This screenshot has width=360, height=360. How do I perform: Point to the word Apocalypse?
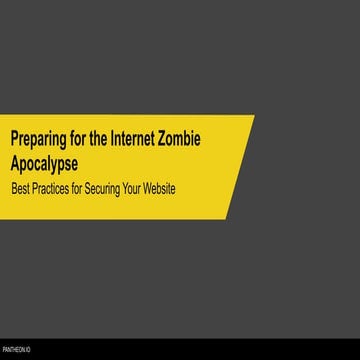pos(43,160)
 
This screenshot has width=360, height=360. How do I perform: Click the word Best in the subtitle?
pos(20,187)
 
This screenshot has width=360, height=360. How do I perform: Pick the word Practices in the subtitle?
pos(55,187)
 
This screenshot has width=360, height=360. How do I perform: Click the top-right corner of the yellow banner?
pos(253,116)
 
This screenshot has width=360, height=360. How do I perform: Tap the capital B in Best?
pos(13,187)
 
